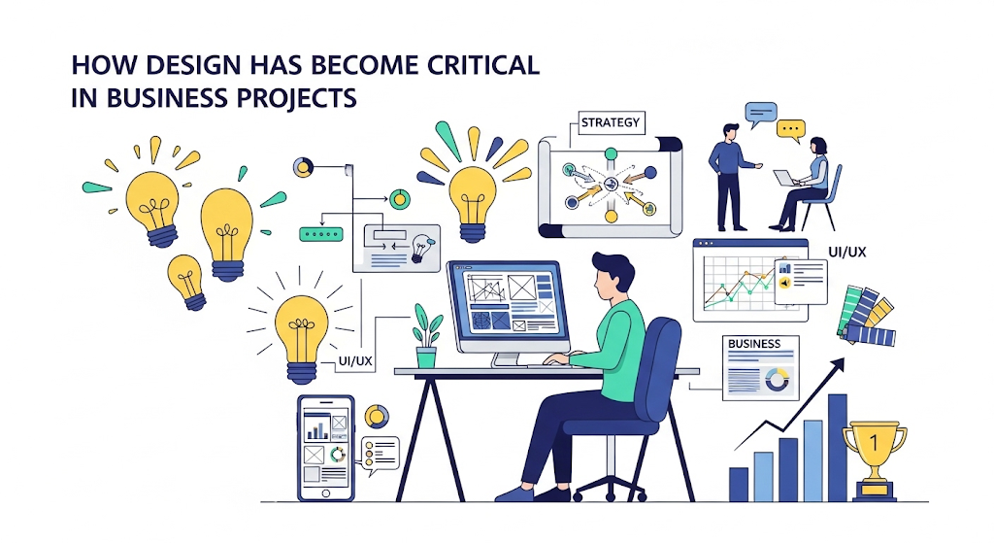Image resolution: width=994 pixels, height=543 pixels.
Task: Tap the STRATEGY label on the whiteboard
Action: [x=610, y=122]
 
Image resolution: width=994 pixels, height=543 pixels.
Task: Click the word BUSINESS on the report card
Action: [x=753, y=344]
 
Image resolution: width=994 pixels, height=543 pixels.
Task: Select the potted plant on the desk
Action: [x=426, y=335]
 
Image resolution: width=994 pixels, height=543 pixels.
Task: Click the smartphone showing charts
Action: [x=325, y=447]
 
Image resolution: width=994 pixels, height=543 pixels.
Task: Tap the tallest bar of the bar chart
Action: [x=837, y=446]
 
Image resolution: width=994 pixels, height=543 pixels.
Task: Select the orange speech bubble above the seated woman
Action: [x=792, y=128]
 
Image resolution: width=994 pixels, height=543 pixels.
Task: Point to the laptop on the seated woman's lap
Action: [x=785, y=179]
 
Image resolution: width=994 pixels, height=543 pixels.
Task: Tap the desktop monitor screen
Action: [x=506, y=304]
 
